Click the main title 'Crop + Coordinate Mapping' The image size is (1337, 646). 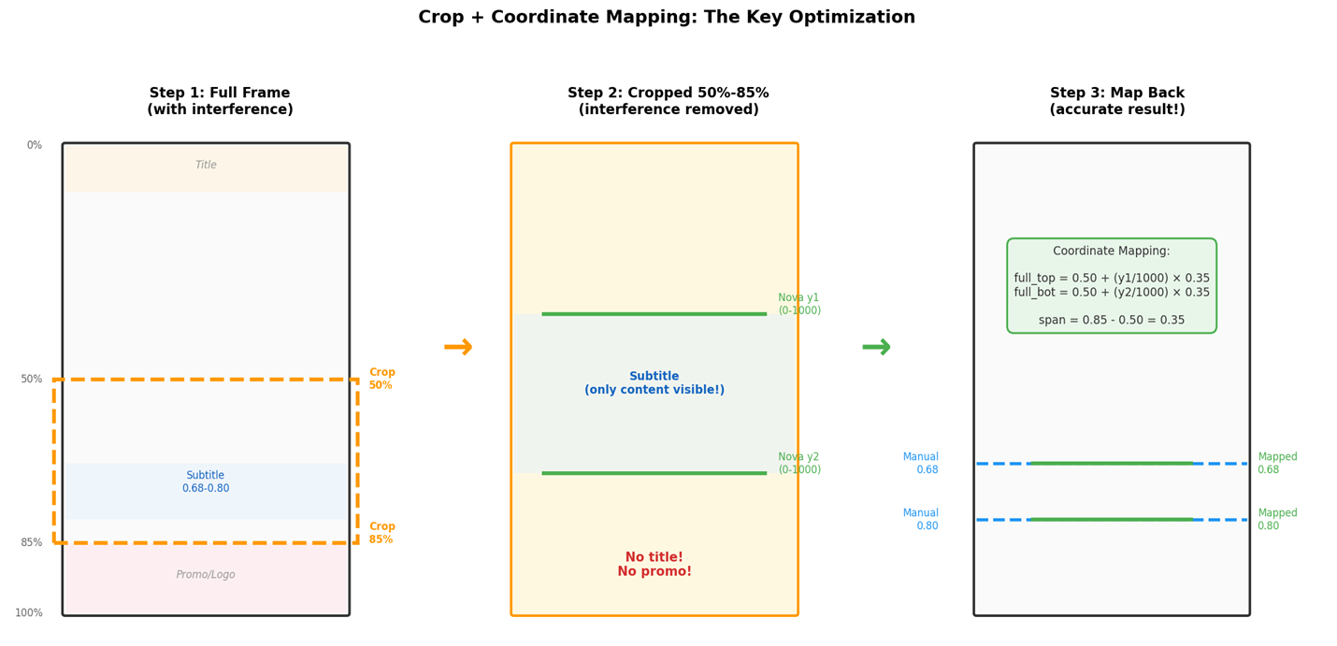pyautogui.click(x=666, y=18)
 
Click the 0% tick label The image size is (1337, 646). pyautogui.click(x=35, y=146)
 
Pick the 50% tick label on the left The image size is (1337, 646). pyautogui.click(x=32, y=380)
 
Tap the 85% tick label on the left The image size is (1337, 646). pyautogui.click(x=32, y=543)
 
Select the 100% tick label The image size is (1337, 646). pyautogui.click(x=29, y=613)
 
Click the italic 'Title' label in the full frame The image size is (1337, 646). pyautogui.click(x=206, y=165)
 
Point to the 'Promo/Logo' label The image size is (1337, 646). pyautogui.click(x=206, y=575)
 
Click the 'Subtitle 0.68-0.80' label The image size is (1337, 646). pyautogui.click(x=206, y=481)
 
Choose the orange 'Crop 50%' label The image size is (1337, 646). pyautogui.click(x=381, y=379)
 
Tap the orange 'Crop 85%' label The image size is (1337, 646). pyautogui.click(x=381, y=533)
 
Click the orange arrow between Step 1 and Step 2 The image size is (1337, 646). pyautogui.click(x=458, y=348)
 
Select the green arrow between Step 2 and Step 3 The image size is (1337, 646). pyautogui.click(x=876, y=348)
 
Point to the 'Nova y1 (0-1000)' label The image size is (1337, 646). pyautogui.click(x=799, y=304)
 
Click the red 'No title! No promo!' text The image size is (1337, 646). pyautogui.click(x=654, y=564)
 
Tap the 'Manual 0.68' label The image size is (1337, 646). pyautogui.click(x=921, y=464)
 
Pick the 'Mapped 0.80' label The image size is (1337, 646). pyautogui.click(x=1277, y=520)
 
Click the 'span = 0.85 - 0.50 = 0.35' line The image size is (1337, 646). pyautogui.click(x=1111, y=321)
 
